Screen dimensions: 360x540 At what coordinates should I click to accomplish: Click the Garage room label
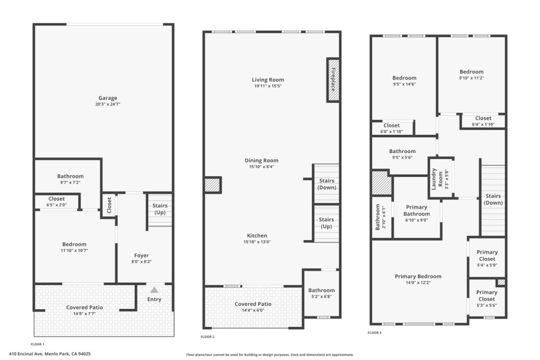point(108,98)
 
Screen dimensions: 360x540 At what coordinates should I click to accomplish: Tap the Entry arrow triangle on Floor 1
point(154,290)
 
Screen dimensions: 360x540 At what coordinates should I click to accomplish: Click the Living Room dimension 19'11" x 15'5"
point(268,86)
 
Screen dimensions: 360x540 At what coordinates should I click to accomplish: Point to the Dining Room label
point(261,160)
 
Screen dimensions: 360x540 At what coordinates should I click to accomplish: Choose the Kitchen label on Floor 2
point(257,235)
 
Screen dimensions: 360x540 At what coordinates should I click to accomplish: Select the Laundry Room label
point(437,178)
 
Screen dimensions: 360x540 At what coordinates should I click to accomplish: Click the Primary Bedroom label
point(418,276)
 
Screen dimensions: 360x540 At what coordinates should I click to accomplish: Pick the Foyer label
point(141,255)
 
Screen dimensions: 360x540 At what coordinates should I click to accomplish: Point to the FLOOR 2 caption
point(207,337)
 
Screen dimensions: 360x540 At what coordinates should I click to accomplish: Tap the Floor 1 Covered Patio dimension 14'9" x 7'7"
point(84,313)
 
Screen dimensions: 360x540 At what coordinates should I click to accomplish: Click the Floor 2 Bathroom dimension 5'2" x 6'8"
point(321,297)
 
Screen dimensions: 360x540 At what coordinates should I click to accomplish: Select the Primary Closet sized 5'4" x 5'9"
point(487,255)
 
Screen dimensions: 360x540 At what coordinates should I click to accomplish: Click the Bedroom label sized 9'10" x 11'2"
point(471,72)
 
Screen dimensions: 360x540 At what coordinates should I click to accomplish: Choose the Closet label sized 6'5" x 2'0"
point(57,199)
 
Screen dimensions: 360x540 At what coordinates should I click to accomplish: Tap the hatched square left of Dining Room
point(213,185)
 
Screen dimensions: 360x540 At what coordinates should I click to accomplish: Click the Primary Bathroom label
point(416,210)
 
